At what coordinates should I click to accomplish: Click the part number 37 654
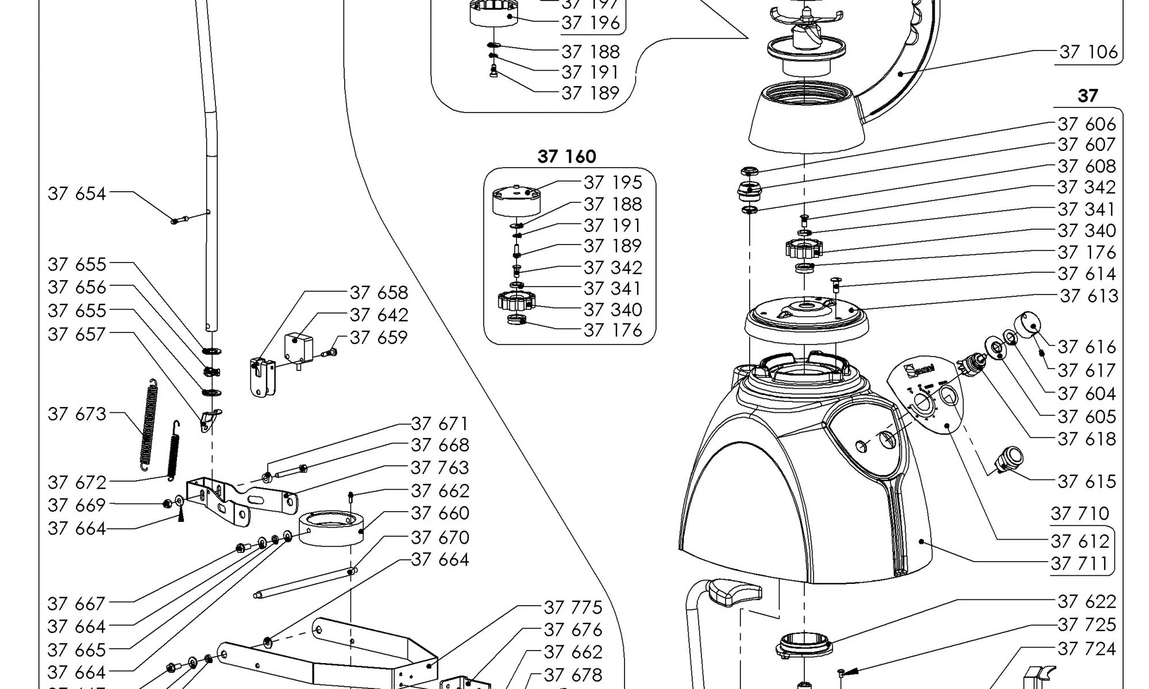click(77, 194)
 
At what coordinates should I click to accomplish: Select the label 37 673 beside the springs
click(77, 414)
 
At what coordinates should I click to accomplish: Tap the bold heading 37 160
click(566, 157)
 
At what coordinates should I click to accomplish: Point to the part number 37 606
click(1086, 124)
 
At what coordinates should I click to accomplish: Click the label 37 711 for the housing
click(1079, 564)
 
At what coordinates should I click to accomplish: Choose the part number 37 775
click(573, 607)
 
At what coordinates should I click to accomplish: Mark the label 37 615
click(1086, 482)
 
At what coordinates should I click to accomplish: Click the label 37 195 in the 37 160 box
click(612, 183)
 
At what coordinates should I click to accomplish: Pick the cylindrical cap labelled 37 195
click(517, 200)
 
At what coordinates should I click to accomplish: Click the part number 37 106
click(1088, 52)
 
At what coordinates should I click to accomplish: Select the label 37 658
click(379, 293)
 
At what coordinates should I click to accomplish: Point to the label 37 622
click(1086, 602)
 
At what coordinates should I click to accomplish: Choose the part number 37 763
click(439, 468)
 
